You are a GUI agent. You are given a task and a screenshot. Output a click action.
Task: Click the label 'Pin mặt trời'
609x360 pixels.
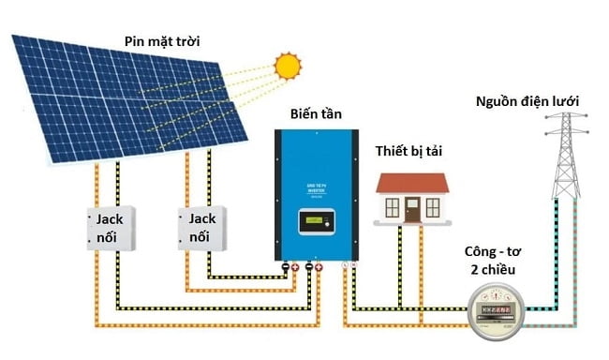click(163, 41)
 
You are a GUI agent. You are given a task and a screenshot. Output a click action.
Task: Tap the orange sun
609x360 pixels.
click(288, 66)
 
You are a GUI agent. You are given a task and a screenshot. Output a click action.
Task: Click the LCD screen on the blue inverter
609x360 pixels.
click(316, 223)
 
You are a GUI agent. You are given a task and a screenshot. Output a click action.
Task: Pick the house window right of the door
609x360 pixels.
click(435, 205)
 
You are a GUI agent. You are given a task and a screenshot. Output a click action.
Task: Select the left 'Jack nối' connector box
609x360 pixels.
click(110, 228)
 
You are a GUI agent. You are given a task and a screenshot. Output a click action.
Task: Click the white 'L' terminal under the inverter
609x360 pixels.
click(344, 268)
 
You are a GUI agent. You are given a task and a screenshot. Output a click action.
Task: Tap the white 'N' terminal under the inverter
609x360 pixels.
click(353, 268)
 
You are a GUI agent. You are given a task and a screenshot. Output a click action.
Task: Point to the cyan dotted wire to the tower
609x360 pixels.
click(555, 262)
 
